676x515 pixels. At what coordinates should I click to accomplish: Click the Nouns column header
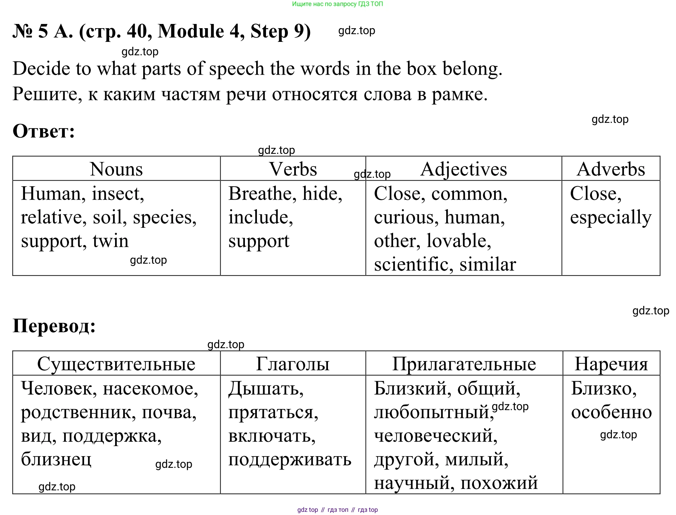pyautogui.click(x=116, y=169)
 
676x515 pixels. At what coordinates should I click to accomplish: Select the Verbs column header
pyautogui.click(x=293, y=169)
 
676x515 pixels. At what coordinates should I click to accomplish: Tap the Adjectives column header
pyautogui.click(x=463, y=169)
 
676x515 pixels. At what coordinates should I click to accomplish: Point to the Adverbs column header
pyautogui.click(x=611, y=169)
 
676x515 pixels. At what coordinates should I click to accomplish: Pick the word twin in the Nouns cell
pyautogui.click(x=110, y=241)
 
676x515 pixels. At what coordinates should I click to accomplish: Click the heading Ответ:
pyautogui.click(x=44, y=131)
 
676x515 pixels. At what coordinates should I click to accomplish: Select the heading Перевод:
pyautogui.click(x=54, y=326)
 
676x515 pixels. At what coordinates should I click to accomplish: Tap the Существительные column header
pyautogui.click(x=116, y=364)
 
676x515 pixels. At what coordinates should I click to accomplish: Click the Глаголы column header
pyautogui.click(x=293, y=364)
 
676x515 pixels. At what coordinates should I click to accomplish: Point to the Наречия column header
pyautogui.click(x=611, y=364)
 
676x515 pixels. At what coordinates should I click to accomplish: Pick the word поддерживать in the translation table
pyautogui.click(x=290, y=460)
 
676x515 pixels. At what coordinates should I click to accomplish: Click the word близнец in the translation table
pyautogui.click(x=56, y=459)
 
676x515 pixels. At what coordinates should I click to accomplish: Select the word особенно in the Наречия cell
pyautogui.click(x=611, y=412)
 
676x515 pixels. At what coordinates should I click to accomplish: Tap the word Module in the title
pyautogui.click(x=191, y=31)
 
